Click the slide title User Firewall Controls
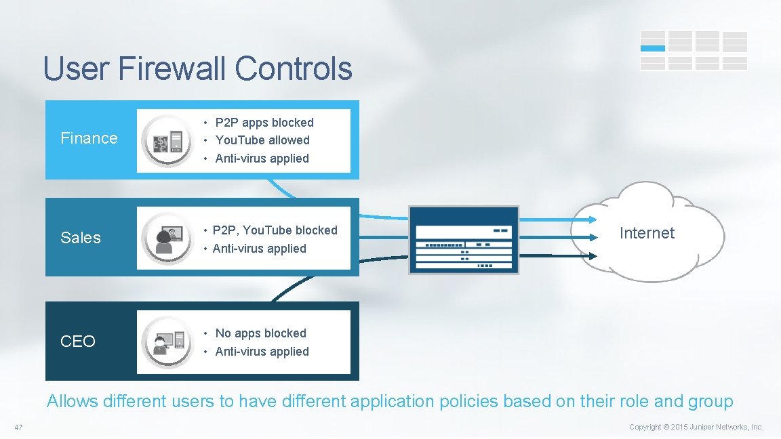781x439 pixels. [x=197, y=68]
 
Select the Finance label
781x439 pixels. [x=89, y=138]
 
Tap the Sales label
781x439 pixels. [x=81, y=238]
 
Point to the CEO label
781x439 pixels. [x=78, y=341]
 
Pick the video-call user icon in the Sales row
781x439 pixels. [x=167, y=238]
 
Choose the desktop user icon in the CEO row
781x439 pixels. [x=167, y=341]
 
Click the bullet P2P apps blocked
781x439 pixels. [x=264, y=123]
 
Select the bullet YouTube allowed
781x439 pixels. [x=262, y=140]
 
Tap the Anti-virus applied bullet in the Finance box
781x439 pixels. [x=262, y=159]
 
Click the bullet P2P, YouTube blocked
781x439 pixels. [x=275, y=230]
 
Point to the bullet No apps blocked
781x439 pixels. [x=260, y=333]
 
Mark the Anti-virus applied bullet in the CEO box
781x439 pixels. [x=262, y=352]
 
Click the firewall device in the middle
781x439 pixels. [x=464, y=240]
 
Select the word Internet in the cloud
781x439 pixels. [x=647, y=233]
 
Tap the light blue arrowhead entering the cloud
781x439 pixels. [x=593, y=219]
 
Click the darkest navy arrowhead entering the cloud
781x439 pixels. [x=593, y=256]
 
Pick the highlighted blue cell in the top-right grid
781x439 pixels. [x=653, y=48]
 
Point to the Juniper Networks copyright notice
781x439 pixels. [x=696, y=427]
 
